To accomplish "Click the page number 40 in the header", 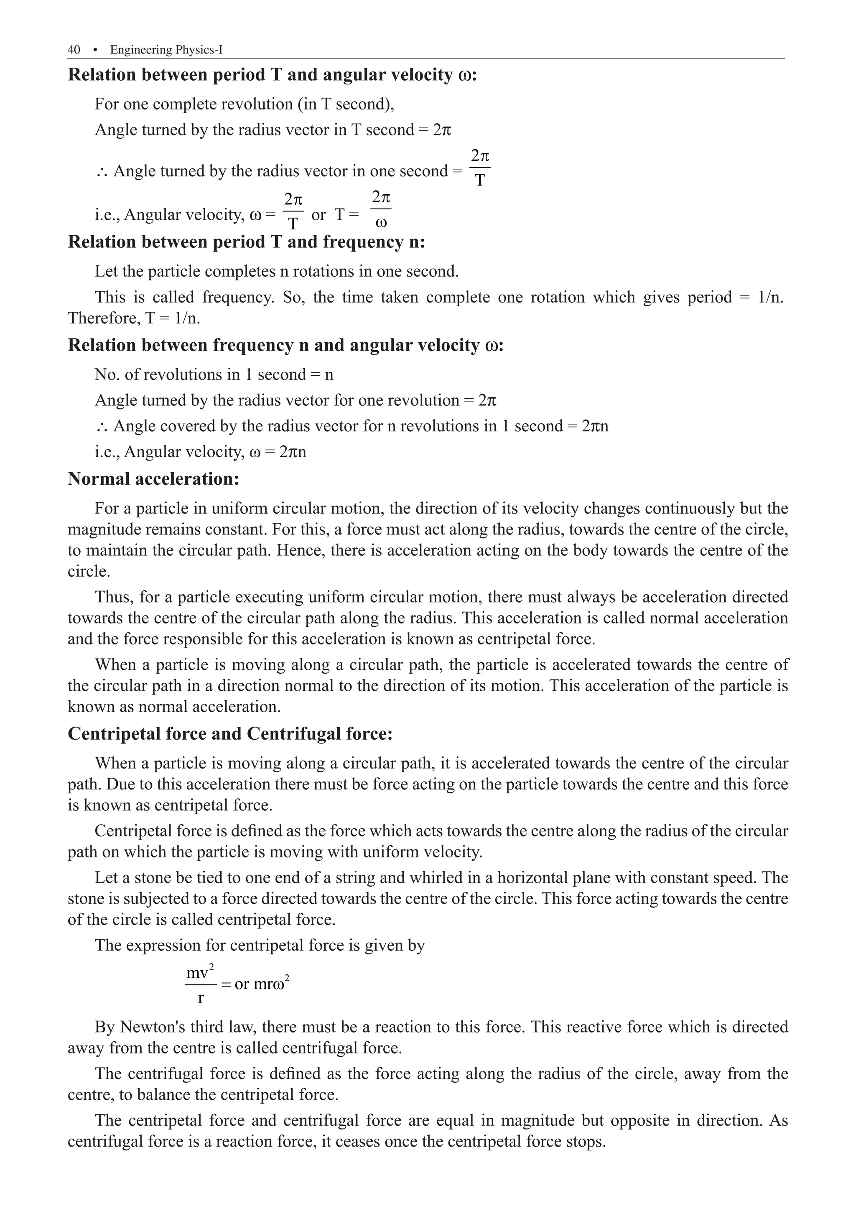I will point(74,50).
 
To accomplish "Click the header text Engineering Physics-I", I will point(166,50).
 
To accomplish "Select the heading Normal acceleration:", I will point(154,479).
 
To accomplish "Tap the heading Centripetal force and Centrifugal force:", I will point(230,733).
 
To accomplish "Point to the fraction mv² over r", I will point(200,985).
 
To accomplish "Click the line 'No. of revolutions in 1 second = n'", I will point(214,374).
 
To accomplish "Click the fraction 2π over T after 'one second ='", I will point(479,168).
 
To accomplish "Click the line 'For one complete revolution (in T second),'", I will point(244,104).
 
